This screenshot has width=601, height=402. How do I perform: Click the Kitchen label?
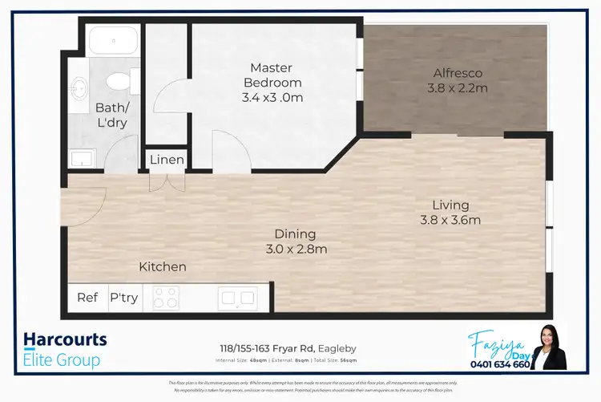tap(163, 266)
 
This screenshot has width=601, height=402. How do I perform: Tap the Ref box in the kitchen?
tap(87, 298)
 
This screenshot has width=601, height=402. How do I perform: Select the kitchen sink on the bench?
tap(237, 298)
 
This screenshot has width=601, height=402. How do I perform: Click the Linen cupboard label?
tap(167, 160)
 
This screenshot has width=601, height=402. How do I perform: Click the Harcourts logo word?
tap(65, 339)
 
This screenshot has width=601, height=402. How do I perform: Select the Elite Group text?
tap(63, 359)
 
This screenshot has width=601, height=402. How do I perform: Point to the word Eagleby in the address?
tap(336, 349)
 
